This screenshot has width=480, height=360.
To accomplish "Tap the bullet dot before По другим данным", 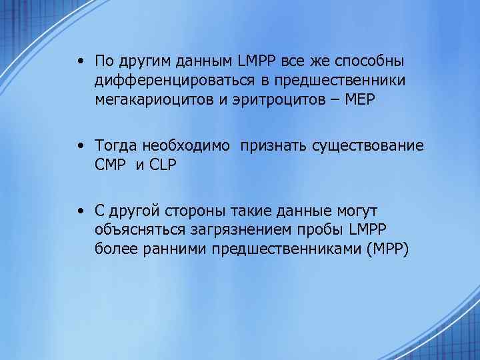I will click(x=79, y=62).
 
